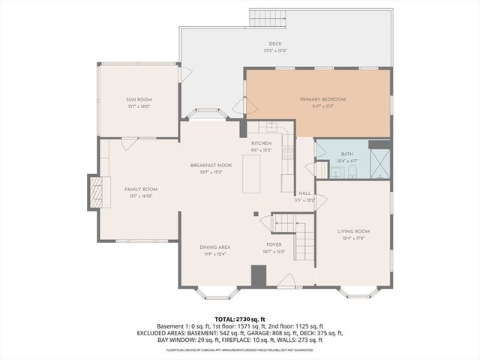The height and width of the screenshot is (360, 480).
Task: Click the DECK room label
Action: [274, 44]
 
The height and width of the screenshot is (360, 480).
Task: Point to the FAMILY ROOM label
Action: [140, 189]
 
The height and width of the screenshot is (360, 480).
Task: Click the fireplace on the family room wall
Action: [94, 193]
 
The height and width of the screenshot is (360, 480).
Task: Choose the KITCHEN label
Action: [261, 142]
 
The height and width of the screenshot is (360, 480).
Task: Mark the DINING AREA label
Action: [214, 247]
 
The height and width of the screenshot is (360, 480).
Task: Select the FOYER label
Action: [274, 244]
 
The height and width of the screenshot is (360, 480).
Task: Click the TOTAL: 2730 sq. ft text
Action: [239, 319]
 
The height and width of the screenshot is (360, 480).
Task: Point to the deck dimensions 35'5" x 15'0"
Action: [274, 50]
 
